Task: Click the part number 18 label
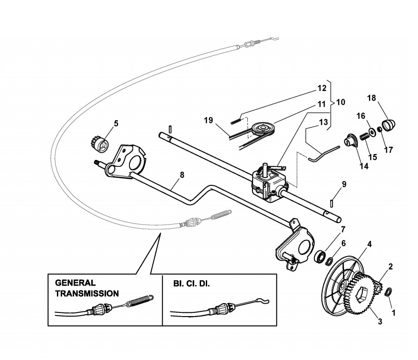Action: [x=372, y=98]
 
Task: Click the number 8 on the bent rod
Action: [x=182, y=175]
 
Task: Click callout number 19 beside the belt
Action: [x=209, y=121]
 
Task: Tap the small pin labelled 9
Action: [x=332, y=202]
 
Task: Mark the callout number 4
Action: [x=369, y=244]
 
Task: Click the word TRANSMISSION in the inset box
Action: [x=86, y=293]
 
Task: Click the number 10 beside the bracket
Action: [x=340, y=101]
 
